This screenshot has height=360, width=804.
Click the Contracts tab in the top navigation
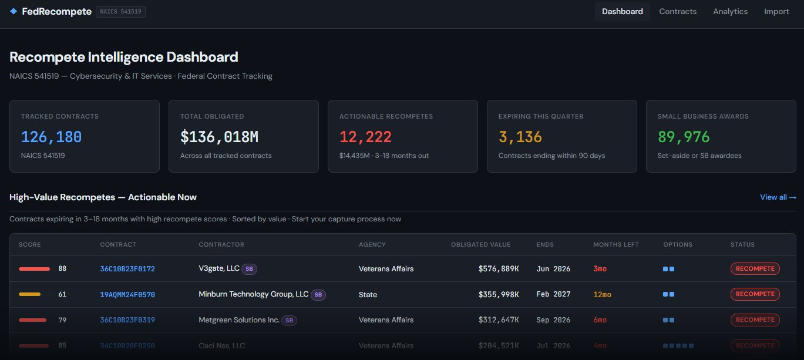tap(678, 12)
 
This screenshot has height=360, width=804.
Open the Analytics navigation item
tap(730, 12)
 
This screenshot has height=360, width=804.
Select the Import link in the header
tap(776, 12)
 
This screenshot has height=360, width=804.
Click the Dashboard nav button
tap(622, 12)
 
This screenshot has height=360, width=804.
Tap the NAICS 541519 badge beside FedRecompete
tap(120, 12)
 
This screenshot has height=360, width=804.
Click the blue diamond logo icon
tap(14, 11)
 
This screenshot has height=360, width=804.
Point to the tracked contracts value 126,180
tap(51, 137)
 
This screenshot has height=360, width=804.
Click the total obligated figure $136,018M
tap(219, 137)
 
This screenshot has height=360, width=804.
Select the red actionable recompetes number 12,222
tap(365, 137)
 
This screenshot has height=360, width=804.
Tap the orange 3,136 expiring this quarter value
tap(520, 137)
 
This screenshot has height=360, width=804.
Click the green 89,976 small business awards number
tap(684, 137)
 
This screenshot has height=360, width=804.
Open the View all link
tap(778, 197)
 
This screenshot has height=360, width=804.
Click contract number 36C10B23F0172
tap(127, 269)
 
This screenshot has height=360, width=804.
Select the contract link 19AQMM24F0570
tap(127, 294)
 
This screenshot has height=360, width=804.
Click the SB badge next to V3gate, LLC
tap(250, 269)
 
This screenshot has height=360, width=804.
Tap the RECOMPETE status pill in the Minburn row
tap(755, 294)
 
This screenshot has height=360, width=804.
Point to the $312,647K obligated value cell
tap(498, 320)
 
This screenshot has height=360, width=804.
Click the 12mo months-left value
tap(602, 294)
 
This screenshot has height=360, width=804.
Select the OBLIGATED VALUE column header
tap(480, 244)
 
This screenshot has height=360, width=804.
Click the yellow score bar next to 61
tap(29, 294)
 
